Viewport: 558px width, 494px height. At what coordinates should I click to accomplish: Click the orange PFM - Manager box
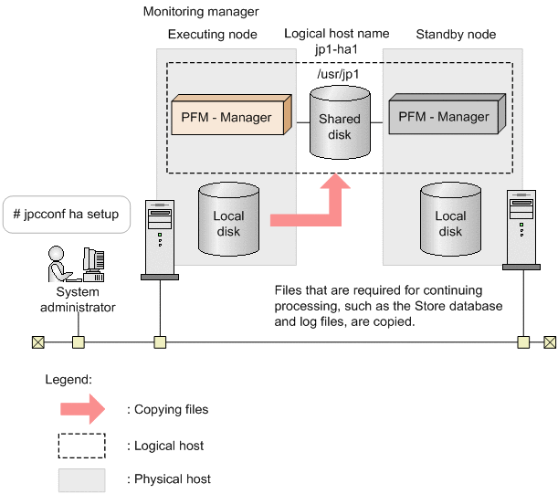click(x=230, y=118)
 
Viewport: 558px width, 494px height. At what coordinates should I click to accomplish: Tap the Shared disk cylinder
click(x=339, y=124)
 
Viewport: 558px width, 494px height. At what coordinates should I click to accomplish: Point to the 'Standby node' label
click(x=456, y=35)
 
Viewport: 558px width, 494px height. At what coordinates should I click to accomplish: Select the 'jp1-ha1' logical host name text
click(x=337, y=49)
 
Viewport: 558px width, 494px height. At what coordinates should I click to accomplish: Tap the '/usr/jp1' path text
click(x=338, y=73)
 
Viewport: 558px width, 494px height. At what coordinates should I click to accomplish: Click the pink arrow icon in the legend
click(x=81, y=409)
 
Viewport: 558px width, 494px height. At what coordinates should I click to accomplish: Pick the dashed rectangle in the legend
click(x=81, y=446)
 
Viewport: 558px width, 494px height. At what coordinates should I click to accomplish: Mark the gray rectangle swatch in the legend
click(x=81, y=479)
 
